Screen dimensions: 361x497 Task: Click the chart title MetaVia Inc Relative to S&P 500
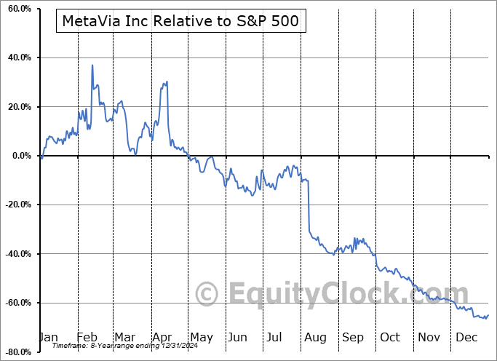180,21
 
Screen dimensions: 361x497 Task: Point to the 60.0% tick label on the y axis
17,9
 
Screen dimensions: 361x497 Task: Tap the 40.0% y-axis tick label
17,57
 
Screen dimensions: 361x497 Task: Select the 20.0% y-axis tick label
17,107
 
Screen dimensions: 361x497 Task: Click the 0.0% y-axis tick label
19,156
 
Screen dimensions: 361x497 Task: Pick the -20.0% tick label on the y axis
15,205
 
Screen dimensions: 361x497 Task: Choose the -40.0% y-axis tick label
15,254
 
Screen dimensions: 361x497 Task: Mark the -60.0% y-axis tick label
15,303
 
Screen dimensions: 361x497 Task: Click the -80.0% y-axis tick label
15,352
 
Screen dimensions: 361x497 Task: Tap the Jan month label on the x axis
48,337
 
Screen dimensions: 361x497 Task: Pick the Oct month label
390,337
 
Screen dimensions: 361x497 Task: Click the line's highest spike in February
92,66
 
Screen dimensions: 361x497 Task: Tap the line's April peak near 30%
167,82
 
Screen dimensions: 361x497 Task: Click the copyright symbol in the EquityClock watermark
208,294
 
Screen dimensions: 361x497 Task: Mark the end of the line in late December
488,315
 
